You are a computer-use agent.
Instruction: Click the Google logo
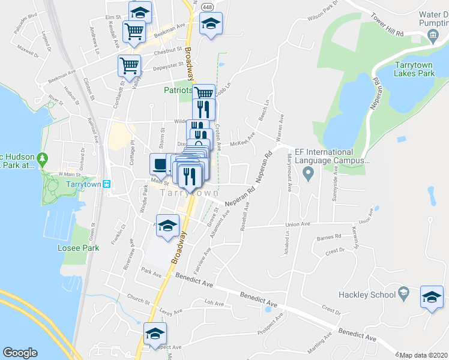(20, 353)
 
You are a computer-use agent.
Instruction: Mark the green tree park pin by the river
(42, 160)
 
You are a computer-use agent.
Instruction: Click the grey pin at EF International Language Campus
(309, 175)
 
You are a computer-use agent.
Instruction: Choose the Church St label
(137, 298)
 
